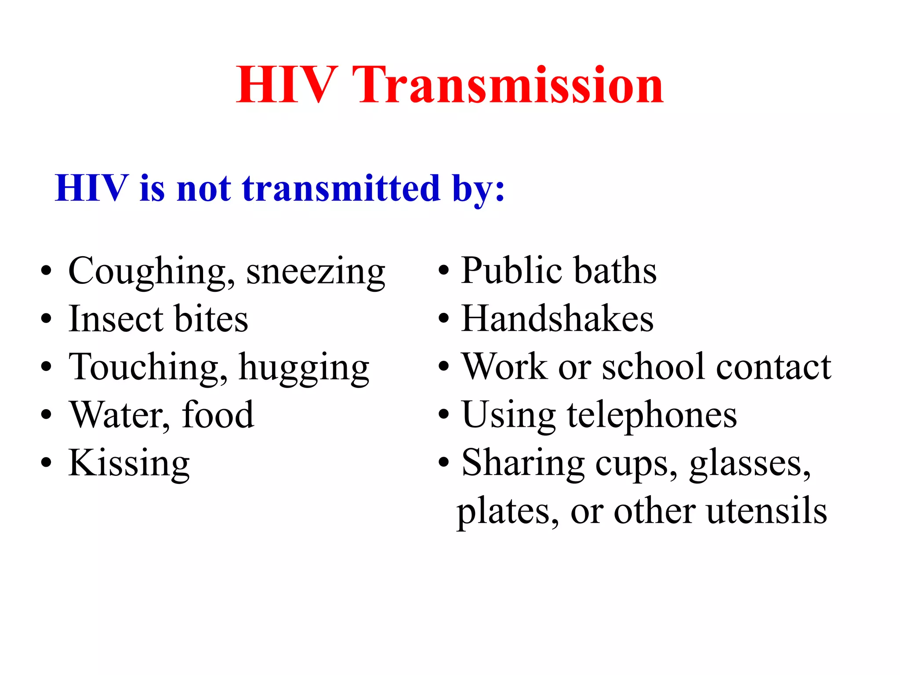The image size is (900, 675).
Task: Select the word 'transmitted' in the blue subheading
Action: click(341, 189)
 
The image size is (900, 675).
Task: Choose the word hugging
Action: click(304, 368)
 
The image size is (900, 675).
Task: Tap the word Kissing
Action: click(129, 464)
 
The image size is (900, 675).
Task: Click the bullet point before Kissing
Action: click(46, 463)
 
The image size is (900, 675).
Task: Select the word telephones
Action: click(652, 415)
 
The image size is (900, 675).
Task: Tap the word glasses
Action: click(749, 464)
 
